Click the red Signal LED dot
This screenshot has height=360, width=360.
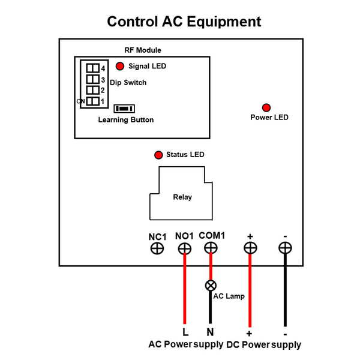120,66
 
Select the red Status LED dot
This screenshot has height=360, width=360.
158,155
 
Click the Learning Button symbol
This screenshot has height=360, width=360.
124,109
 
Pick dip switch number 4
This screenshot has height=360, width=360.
92,68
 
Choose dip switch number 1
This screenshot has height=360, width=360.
92,101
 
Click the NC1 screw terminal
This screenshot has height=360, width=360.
157,248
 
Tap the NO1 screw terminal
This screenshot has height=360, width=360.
185,248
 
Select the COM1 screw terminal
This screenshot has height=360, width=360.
211,248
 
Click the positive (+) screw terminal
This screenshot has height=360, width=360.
250,247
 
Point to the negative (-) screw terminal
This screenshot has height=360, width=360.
285,247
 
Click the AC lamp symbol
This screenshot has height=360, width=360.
211,286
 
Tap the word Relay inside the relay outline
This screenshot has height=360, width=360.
182,197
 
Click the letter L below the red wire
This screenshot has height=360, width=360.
185,332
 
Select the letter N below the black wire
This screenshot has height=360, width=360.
211,332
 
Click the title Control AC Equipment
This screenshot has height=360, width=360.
184,22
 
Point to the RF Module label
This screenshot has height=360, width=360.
142,50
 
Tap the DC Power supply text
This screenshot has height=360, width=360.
263,345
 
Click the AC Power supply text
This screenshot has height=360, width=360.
185,345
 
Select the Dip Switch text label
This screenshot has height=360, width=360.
128,82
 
